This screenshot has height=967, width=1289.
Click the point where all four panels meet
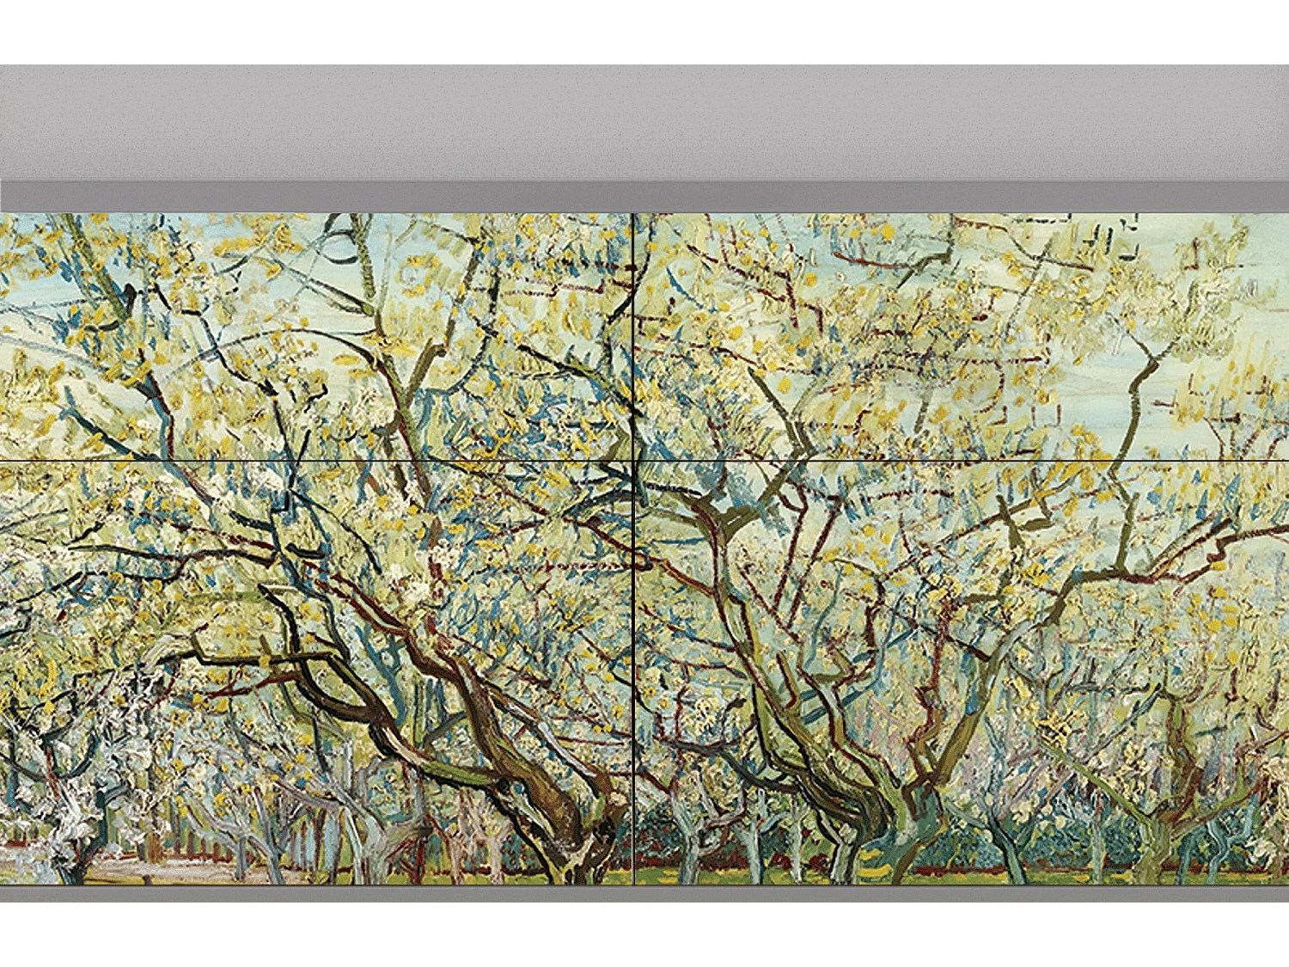(x=633, y=462)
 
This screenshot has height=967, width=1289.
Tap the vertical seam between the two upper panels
(x=633, y=335)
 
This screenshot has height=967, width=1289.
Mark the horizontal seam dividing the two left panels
(x=318, y=462)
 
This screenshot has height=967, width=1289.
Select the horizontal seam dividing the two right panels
(x=962, y=462)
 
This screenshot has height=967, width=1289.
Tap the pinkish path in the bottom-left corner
(x=120, y=864)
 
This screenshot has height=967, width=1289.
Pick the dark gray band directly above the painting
(x=644, y=196)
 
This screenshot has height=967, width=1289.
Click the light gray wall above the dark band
(x=644, y=120)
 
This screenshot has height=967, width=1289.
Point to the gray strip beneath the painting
(x=644, y=894)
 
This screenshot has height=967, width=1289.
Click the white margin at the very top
(x=644, y=30)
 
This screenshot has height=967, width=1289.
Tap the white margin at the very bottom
(x=644, y=937)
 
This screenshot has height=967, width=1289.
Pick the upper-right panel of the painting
(x=962, y=335)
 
